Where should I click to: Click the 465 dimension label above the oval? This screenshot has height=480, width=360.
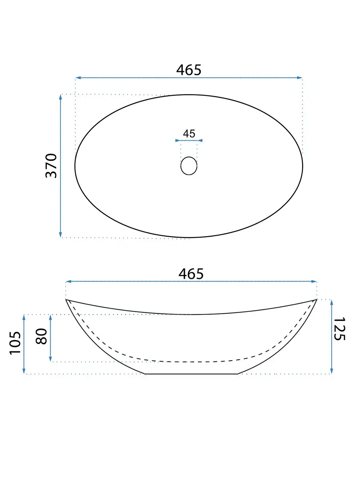(x=189, y=70)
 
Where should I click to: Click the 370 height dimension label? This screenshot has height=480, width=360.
(x=51, y=166)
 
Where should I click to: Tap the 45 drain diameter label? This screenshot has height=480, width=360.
(x=189, y=134)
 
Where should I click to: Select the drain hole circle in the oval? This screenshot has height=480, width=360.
(x=189, y=166)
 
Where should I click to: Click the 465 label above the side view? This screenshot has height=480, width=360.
(x=191, y=274)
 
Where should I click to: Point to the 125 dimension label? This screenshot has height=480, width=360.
(x=339, y=329)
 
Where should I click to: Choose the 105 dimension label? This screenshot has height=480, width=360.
(x=15, y=343)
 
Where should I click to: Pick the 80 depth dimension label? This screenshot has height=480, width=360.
(x=42, y=336)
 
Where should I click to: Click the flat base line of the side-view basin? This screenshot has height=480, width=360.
(x=191, y=374)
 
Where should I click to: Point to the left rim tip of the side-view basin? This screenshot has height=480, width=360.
(x=66, y=299)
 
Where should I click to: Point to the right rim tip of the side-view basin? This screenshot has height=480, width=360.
(x=316, y=299)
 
